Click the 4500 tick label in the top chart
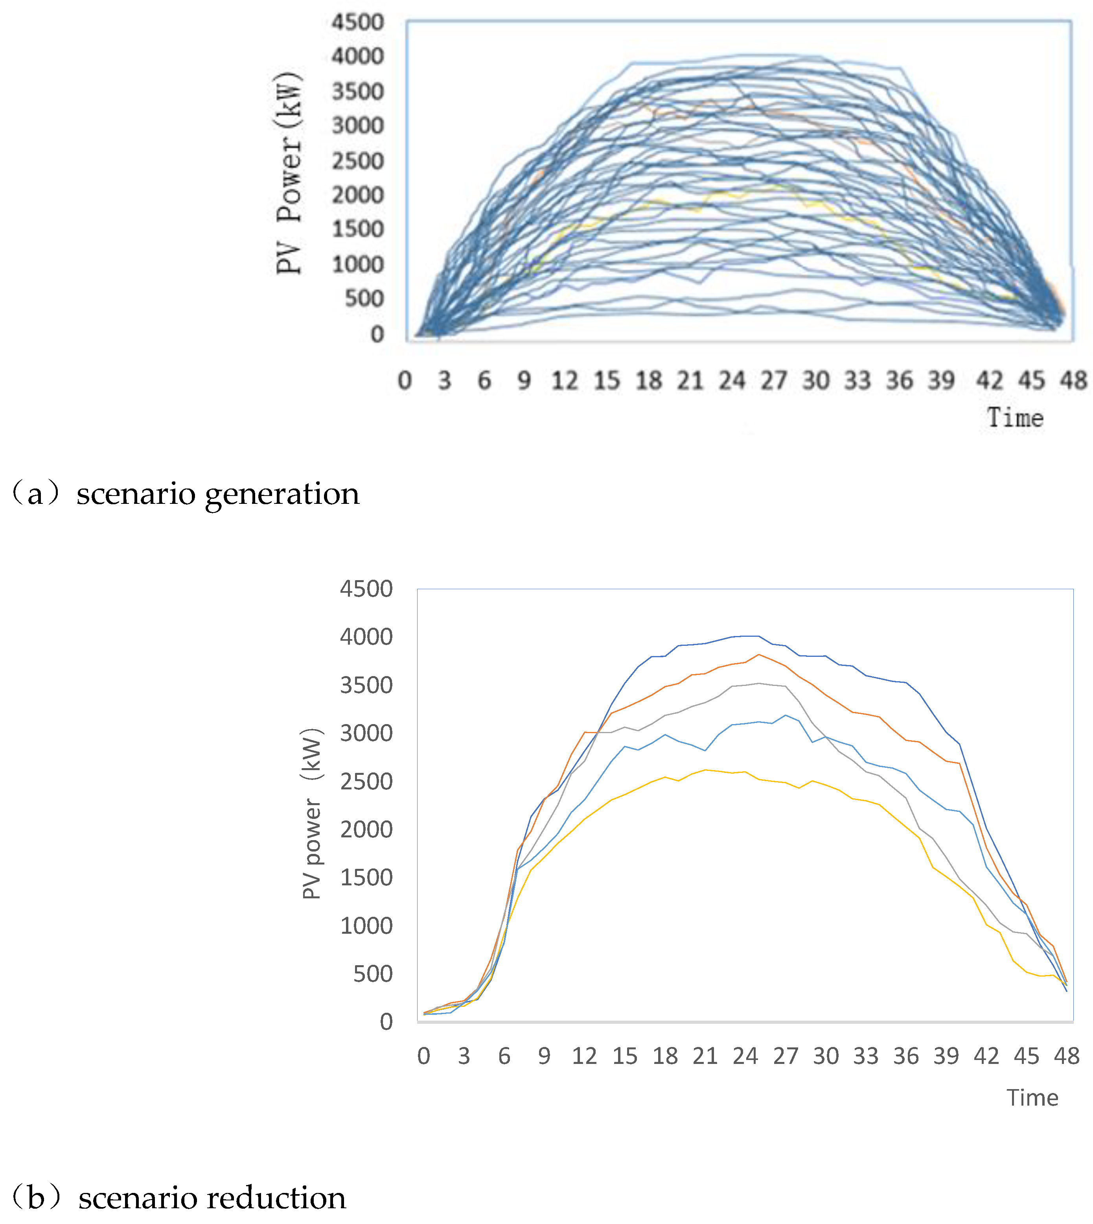(x=357, y=23)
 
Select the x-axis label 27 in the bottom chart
(x=786, y=1056)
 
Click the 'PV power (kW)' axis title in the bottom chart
(x=312, y=814)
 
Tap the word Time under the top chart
(x=1016, y=418)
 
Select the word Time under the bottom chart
(x=1032, y=1098)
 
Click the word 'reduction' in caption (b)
(x=277, y=1199)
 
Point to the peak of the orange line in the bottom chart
(x=759, y=654)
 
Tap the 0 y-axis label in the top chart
(x=377, y=334)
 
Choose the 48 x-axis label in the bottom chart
(x=1067, y=1056)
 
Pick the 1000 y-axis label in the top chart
(x=357, y=264)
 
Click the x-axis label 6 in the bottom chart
(x=504, y=1056)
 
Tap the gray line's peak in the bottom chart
(x=759, y=683)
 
